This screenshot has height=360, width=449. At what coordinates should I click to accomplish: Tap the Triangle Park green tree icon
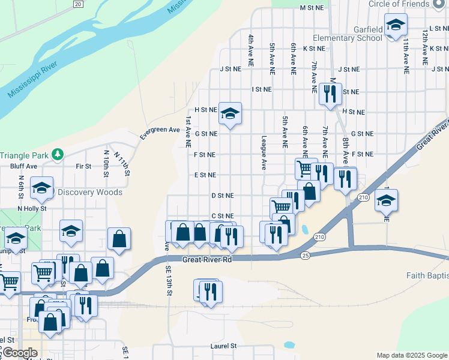[58, 154]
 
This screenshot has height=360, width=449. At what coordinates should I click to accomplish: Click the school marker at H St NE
[229, 114]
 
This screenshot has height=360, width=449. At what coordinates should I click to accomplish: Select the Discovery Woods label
[90, 193]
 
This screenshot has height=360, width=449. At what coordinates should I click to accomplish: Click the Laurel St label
[223, 346]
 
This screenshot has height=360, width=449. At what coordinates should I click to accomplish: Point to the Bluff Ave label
[23, 166]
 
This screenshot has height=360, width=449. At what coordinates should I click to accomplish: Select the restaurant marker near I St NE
[330, 94]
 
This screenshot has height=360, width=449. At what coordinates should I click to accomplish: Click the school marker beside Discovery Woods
[42, 188]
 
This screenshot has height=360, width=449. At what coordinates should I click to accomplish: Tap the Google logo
[19, 353]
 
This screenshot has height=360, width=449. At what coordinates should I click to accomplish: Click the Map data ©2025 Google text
[411, 355]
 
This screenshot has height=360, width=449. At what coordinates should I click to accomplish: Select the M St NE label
[312, 8]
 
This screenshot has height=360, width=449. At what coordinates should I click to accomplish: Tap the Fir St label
[83, 166]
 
